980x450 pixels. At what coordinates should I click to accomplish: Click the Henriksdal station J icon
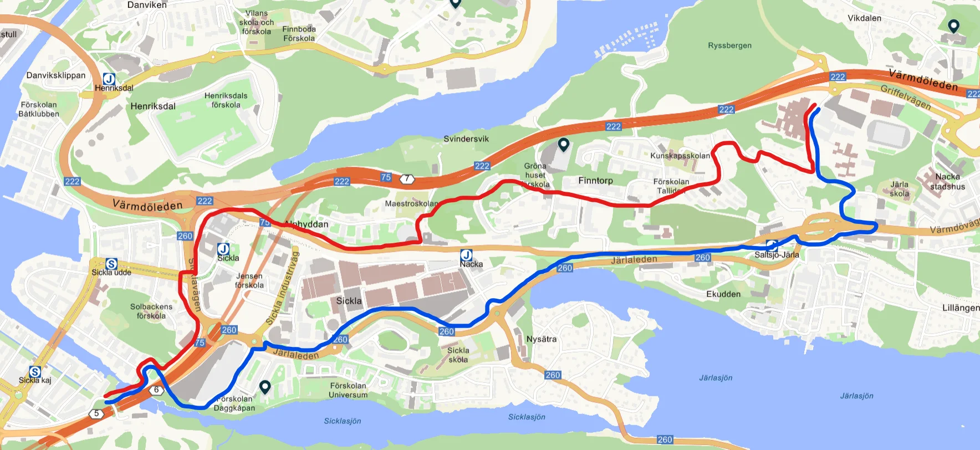click(x=109, y=79)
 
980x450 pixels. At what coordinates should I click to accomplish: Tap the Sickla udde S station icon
click(x=111, y=264)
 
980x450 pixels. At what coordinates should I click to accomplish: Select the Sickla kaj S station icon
click(x=35, y=372)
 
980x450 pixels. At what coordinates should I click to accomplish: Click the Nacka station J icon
click(x=466, y=255)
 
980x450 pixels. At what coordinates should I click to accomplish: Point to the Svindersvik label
click(x=466, y=139)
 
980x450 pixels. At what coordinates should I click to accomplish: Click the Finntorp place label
click(x=595, y=181)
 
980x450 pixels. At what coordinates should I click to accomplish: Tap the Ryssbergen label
click(x=729, y=45)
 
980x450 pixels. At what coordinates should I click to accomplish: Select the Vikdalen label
click(x=864, y=18)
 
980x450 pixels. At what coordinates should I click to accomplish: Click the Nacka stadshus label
click(x=947, y=182)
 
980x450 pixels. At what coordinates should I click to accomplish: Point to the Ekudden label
click(x=723, y=294)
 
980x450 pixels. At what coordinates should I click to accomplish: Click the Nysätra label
click(x=542, y=339)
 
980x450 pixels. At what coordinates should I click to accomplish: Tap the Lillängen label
click(x=961, y=308)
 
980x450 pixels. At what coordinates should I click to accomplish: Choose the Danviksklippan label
click(x=56, y=75)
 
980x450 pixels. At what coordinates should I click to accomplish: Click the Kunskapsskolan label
click(x=680, y=156)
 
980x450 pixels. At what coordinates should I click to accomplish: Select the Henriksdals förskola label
click(x=226, y=100)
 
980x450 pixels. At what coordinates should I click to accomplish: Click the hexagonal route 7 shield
click(x=407, y=178)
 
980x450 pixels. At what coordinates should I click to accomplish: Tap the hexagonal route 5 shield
click(x=96, y=413)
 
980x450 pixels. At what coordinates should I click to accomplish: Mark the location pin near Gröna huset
click(x=564, y=145)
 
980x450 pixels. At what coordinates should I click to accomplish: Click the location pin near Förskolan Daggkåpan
click(x=265, y=387)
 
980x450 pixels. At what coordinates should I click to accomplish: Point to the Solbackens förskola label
click(x=151, y=311)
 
